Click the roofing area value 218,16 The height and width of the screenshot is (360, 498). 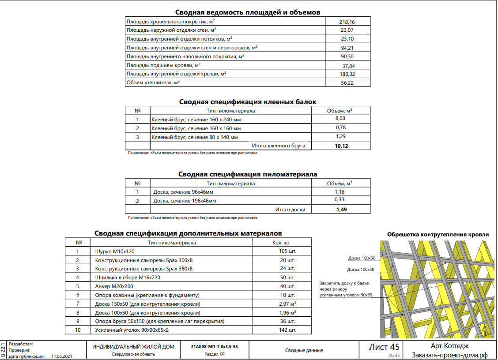click(347, 22)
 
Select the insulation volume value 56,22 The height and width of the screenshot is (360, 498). click(347, 82)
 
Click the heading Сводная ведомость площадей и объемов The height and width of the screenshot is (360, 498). click(248, 12)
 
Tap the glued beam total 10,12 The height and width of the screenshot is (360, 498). click(341, 146)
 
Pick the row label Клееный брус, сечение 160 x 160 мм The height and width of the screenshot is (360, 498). click(196, 128)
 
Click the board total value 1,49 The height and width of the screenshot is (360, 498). click(341, 210)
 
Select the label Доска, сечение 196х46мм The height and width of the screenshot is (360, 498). click(185, 201)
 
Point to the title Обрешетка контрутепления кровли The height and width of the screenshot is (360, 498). click(438, 234)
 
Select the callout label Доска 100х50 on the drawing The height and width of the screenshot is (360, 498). click(360, 270)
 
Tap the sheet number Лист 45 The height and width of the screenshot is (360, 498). click(384, 347)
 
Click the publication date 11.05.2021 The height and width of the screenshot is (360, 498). click(61, 356)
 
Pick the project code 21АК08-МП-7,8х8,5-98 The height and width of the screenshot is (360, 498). click(215, 346)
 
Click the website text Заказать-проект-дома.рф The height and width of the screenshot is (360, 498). click(449, 355)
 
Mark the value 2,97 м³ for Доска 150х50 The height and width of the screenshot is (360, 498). click(287, 304)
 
